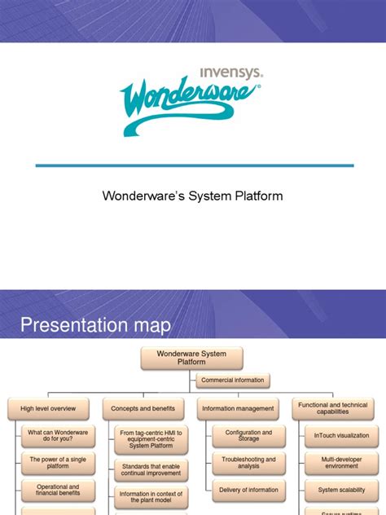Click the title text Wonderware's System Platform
192,196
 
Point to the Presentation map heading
95,326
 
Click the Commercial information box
233,380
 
